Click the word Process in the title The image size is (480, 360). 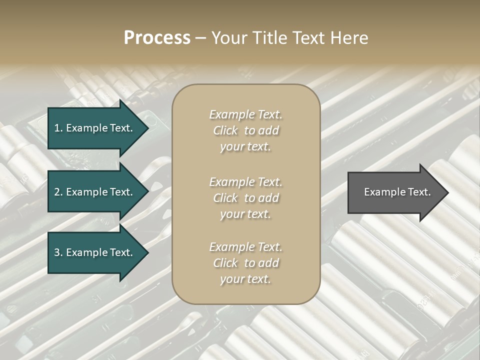[x=157, y=38]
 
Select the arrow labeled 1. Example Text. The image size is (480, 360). [x=95, y=128]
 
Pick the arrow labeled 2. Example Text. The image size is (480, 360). [x=95, y=192]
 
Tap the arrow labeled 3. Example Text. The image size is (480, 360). [x=95, y=252]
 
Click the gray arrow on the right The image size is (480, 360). [x=395, y=192]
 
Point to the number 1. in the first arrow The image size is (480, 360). [x=58, y=128]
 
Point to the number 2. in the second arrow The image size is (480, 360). [x=58, y=192]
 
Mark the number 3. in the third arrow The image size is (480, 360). [x=58, y=252]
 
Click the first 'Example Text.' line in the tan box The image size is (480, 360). [x=245, y=114]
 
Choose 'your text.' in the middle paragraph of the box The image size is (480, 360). [x=245, y=214]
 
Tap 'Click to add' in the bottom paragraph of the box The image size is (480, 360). [x=245, y=263]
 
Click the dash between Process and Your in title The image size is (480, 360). [x=200, y=38]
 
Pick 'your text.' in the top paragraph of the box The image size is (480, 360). [x=245, y=146]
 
